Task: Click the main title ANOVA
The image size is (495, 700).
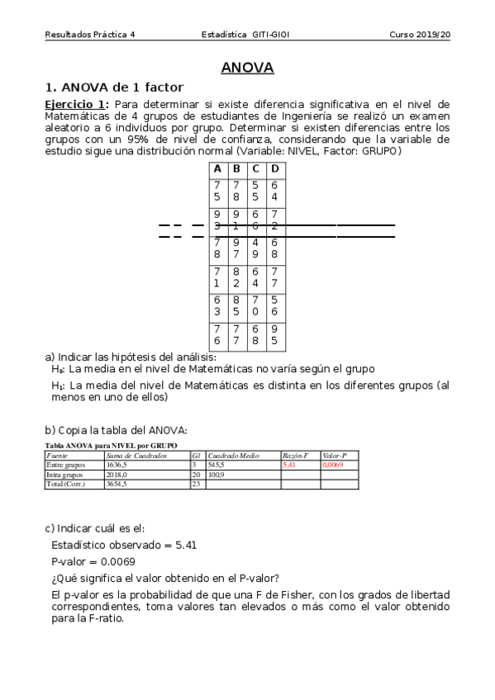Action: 247,69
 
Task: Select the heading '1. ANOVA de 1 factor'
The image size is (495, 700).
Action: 114,87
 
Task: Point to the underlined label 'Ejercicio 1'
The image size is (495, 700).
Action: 75,104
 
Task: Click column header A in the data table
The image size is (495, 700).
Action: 217,169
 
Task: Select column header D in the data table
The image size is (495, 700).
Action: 275,169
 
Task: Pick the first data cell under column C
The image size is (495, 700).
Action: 255,192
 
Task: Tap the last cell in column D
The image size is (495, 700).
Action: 275,336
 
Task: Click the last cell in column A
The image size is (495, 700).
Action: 217,336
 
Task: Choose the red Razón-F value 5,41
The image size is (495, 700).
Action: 289,465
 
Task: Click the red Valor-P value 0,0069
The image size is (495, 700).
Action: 333,465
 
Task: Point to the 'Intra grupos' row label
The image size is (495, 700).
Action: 64,475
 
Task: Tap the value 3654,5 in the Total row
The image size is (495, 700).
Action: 117,485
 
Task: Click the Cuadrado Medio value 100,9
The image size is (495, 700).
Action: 217,475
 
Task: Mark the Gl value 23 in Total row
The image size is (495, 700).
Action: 196,485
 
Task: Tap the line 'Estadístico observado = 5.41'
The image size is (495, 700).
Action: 124,545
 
